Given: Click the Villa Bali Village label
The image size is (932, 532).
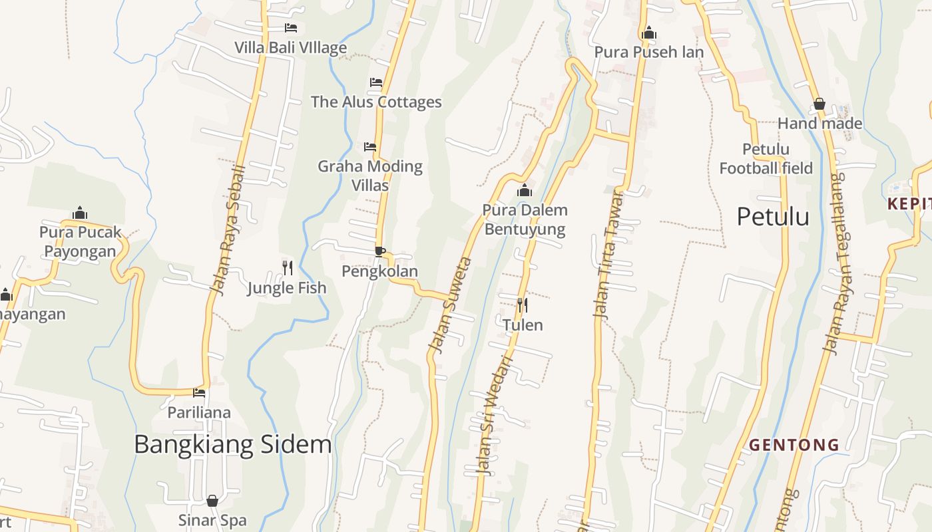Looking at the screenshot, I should click(x=290, y=48).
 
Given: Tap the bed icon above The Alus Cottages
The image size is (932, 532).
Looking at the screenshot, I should click(x=376, y=82).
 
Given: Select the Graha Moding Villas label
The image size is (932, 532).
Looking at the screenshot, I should click(x=370, y=175).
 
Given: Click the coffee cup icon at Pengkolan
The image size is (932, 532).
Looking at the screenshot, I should click(x=379, y=251).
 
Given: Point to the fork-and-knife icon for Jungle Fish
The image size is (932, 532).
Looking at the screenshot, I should click(x=288, y=267).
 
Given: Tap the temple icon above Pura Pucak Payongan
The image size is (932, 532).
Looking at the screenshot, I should click(x=80, y=213).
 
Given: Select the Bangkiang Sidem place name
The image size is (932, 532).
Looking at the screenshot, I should click(x=232, y=444).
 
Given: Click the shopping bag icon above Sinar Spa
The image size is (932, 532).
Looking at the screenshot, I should click(x=212, y=500).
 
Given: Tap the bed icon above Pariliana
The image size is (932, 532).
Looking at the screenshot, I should click(x=199, y=392).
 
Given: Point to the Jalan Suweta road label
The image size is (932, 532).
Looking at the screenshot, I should click(x=451, y=305).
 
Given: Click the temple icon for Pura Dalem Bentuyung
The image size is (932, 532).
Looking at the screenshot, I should click(x=525, y=191).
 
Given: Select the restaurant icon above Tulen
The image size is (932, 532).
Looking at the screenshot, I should click(x=523, y=305).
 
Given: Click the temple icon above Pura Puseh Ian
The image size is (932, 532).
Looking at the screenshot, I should click(x=648, y=33).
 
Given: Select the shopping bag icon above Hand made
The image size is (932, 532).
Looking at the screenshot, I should click(x=819, y=104).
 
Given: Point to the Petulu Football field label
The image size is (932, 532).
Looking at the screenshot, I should click(x=766, y=158).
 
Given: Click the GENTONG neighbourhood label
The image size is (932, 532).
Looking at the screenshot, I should click(x=794, y=445).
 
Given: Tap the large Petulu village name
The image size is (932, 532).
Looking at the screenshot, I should click(x=773, y=217).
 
